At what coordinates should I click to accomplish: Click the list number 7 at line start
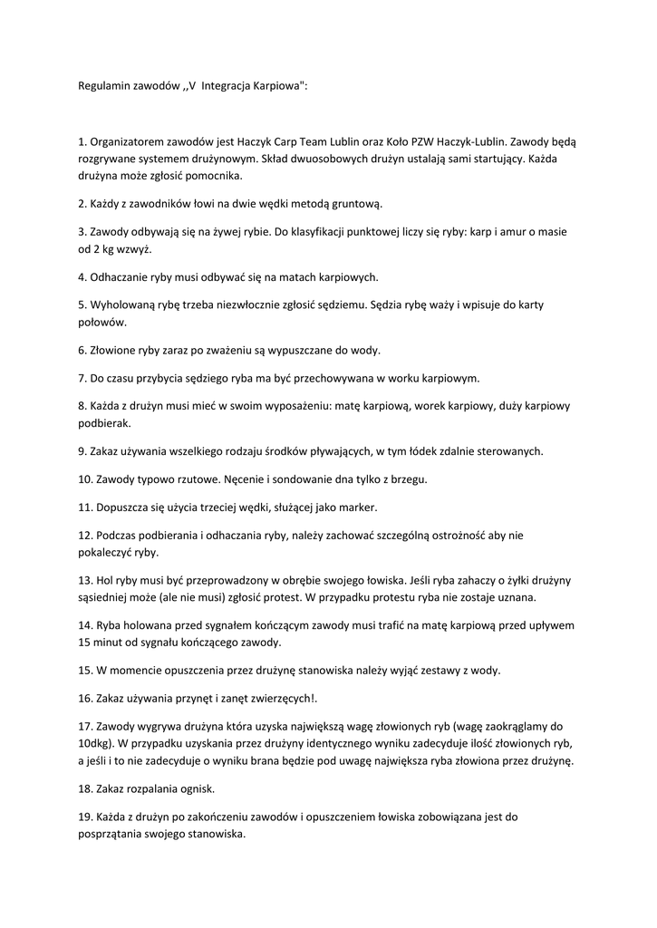point(82,378)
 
